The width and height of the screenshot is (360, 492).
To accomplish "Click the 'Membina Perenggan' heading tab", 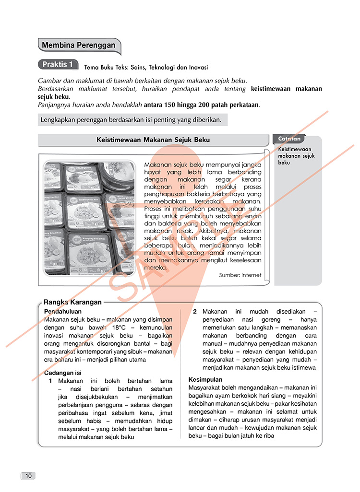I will [x=79, y=46].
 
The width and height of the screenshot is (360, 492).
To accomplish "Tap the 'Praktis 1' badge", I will [x=58, y=64].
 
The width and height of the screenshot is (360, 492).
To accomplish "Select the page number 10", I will [x=28, y=476].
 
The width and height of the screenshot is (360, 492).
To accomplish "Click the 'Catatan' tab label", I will [x=289, y=139].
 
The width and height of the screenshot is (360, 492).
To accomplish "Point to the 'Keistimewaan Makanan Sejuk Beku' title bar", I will [x=153, y=140].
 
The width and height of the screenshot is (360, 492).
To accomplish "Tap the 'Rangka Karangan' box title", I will [x=72, y=302].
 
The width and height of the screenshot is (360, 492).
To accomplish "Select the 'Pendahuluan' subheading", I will [x=62, y=311].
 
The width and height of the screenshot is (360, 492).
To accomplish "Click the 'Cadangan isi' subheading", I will [x=63, y=373].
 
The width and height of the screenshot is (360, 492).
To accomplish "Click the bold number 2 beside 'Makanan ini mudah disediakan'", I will [x=195, y=312].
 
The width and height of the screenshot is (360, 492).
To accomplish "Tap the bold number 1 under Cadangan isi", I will [x=50, y=381].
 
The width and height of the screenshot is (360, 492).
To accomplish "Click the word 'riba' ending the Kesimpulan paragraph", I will [x=267, y=435].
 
